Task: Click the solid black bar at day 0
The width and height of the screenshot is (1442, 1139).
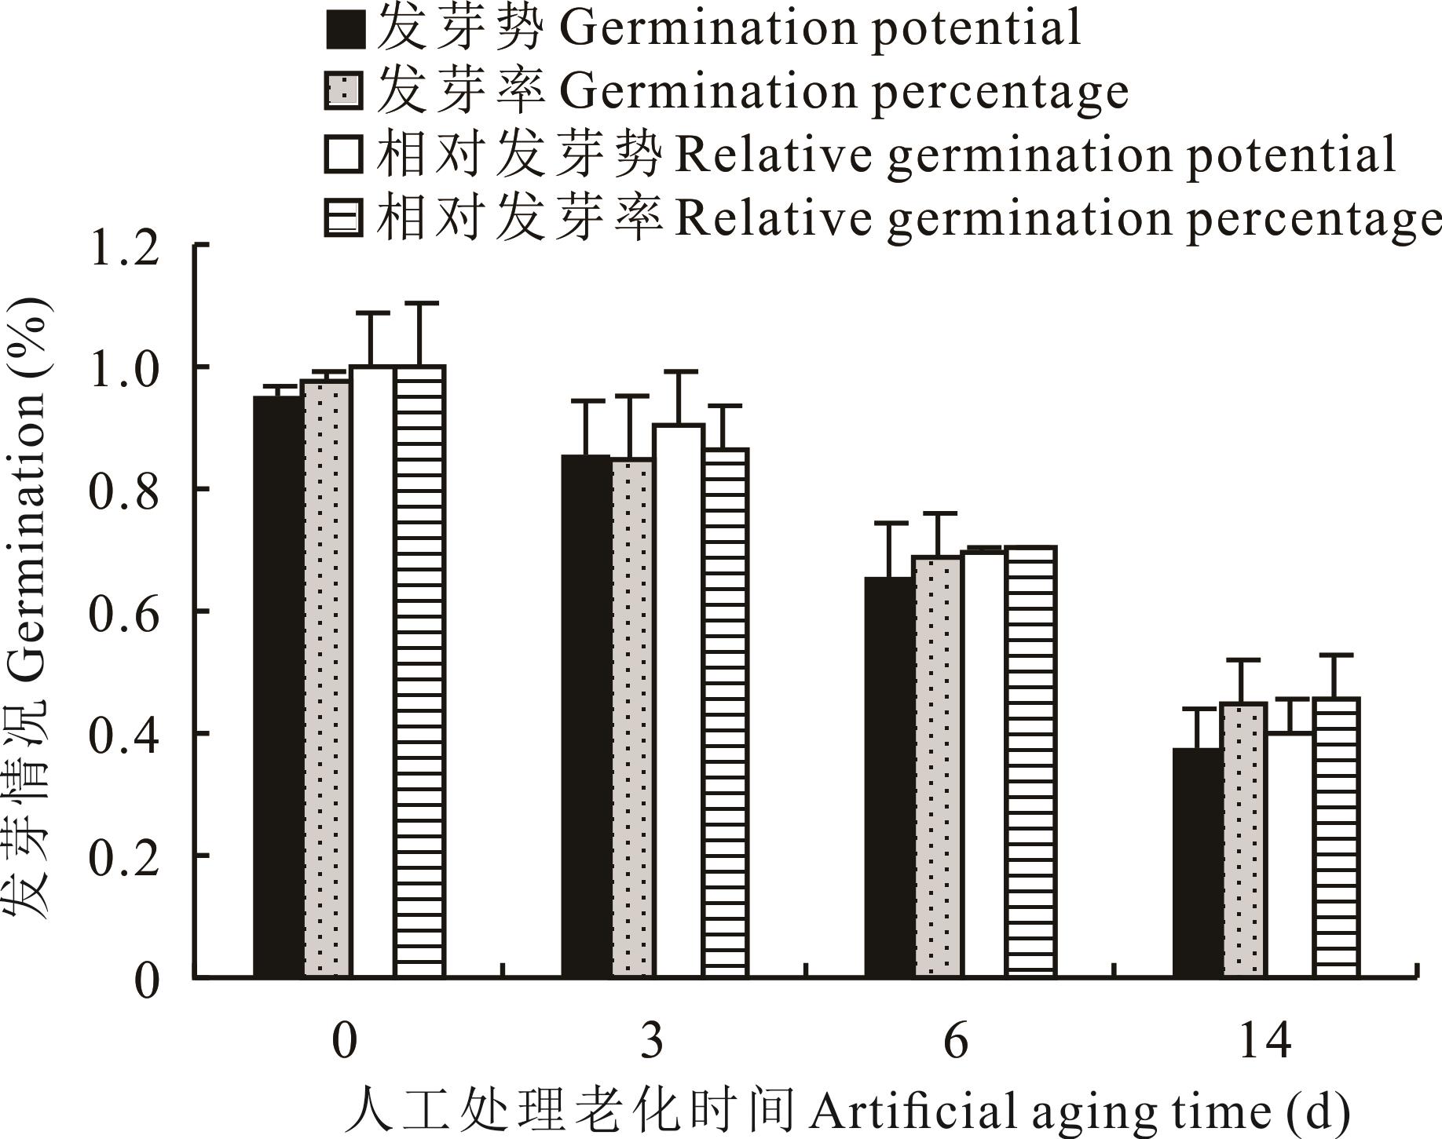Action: click(278, 687)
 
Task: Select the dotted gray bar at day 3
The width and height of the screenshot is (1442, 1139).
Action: click(632, 718)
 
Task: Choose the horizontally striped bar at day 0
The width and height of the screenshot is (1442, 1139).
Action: click(420, 671)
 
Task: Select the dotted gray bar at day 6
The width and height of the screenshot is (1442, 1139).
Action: click(938, 766)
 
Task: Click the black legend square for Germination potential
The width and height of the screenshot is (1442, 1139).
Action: click(344, 30)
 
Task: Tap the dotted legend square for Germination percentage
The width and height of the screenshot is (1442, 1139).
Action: click(344, 92)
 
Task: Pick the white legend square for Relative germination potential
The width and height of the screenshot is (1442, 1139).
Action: click(344, 155)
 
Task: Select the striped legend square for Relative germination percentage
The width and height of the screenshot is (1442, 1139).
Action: click(344, 217)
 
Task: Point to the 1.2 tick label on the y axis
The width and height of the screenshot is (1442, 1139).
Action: click(126, 248)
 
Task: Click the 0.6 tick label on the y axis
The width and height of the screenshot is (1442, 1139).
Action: click(126, 613)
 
